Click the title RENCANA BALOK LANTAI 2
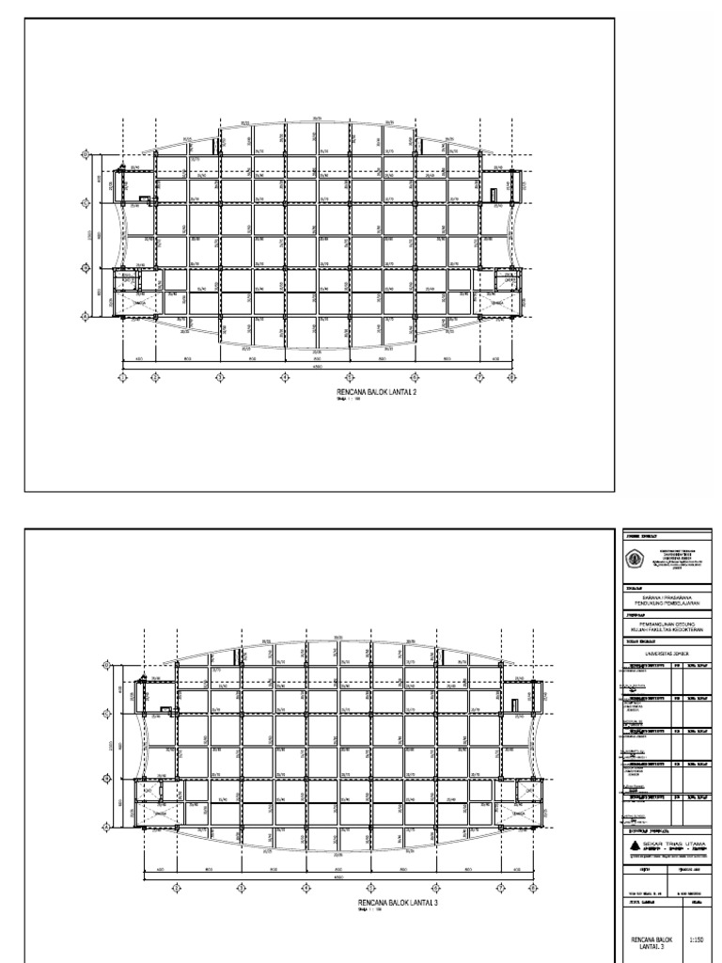pyautogui.click(x=376, y=393)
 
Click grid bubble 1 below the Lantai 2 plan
pyautogui.click(x=123, y=378)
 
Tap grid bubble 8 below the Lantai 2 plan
pyautogui.click(x=511, y=378)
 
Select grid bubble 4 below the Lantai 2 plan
pyautogui.click(x=285, y=378)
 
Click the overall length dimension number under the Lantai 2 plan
pyautogui.click(x=317, y=368)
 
